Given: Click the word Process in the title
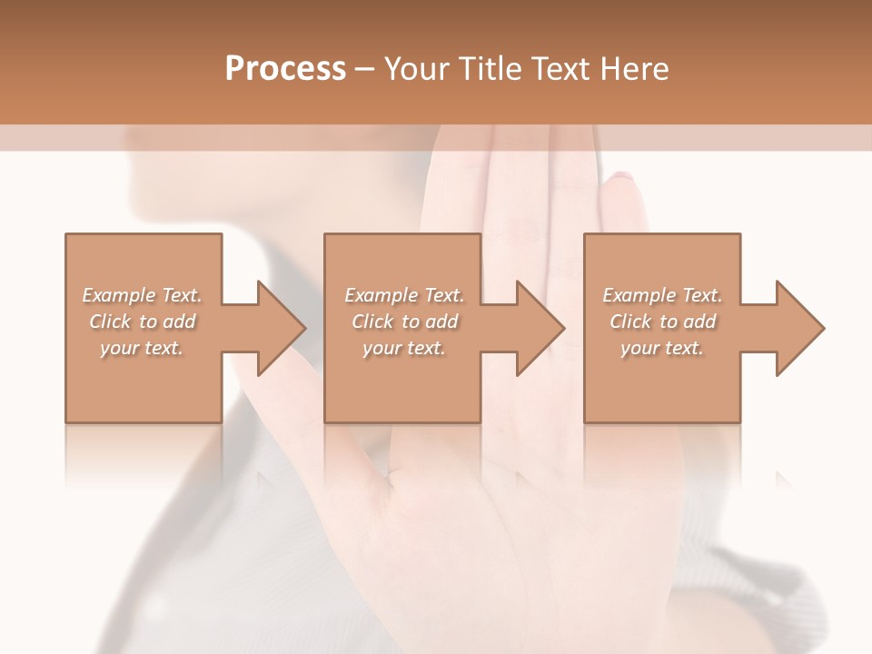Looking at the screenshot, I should [x=285, y=69].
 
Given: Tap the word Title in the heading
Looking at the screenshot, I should [x=494, y=69].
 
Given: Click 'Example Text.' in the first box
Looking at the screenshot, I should [x=143, y=295].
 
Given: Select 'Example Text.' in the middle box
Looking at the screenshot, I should [x=404, y=295].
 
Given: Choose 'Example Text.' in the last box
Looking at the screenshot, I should [x=662, y=295].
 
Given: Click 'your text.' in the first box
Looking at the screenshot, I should [x=142, y=348].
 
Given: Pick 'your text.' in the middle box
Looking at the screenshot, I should [x=404, y=348].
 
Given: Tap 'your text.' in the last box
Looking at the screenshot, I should [x=662, y=348].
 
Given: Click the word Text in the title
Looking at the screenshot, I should [x=565, y=69].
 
